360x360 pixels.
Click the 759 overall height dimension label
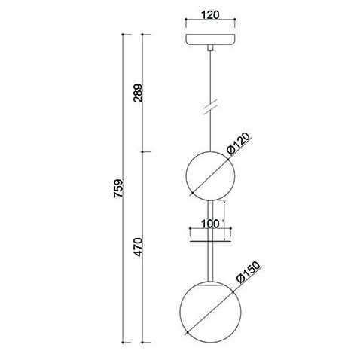pos(118,188)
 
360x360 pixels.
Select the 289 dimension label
pos(138,93)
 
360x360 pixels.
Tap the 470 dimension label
pos(138,247)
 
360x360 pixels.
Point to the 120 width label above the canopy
pos(210,15)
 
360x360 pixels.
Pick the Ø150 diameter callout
pos(249,273)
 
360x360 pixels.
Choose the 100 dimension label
pos(210,224)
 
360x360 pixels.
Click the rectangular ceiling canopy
pos(210,40)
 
